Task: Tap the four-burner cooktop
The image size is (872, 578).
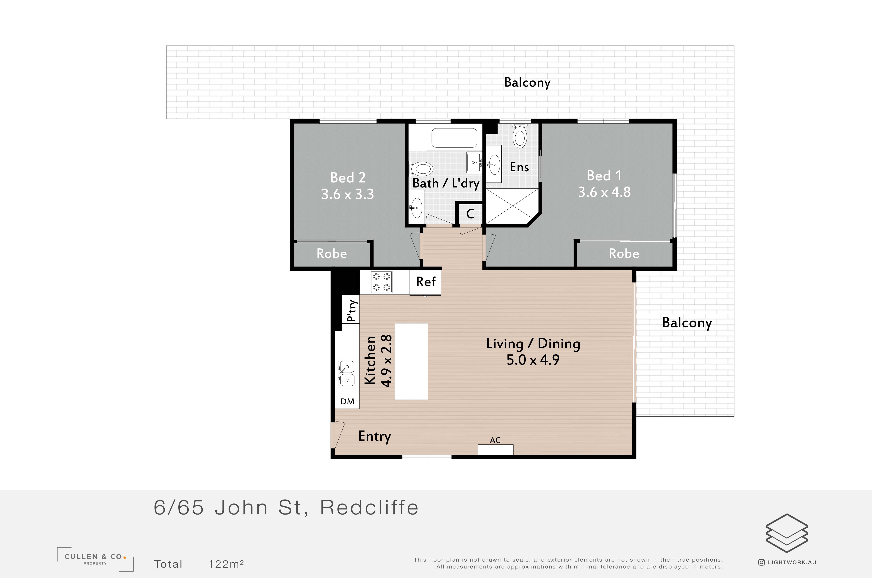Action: click(x=382, y=282)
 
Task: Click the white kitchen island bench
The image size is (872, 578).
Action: click(x=411, y=362)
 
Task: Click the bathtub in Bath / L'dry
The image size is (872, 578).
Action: click(x=454, y=138)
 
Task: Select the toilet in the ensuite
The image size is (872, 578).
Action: click(x=520, y=136)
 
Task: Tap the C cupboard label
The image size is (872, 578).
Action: click(x=470, y=214)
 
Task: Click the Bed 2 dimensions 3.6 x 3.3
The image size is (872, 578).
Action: click(x=347, y=194)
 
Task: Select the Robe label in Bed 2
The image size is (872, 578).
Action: click(x=332, y=254)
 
